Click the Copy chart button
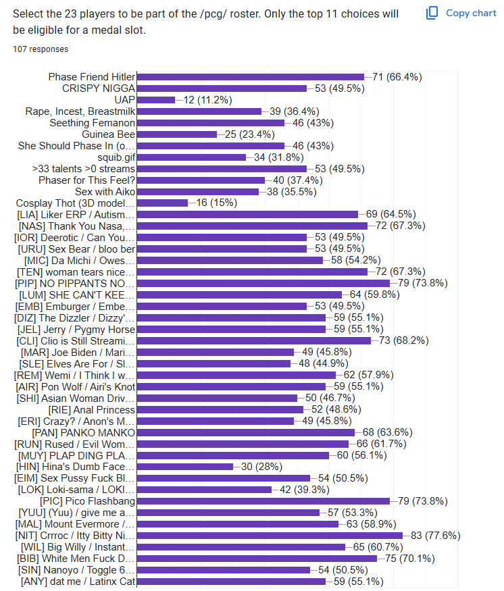point(461,13)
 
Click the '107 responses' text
point(41,49)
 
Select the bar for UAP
point(156,100)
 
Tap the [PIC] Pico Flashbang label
point(88,501)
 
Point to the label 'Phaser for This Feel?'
point(86,180)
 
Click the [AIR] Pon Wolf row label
point(75,386)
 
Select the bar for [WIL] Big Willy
point(241,547)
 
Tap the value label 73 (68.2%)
point(403,340)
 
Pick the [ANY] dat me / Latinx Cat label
point(78,582)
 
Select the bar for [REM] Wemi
point(236,375)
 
